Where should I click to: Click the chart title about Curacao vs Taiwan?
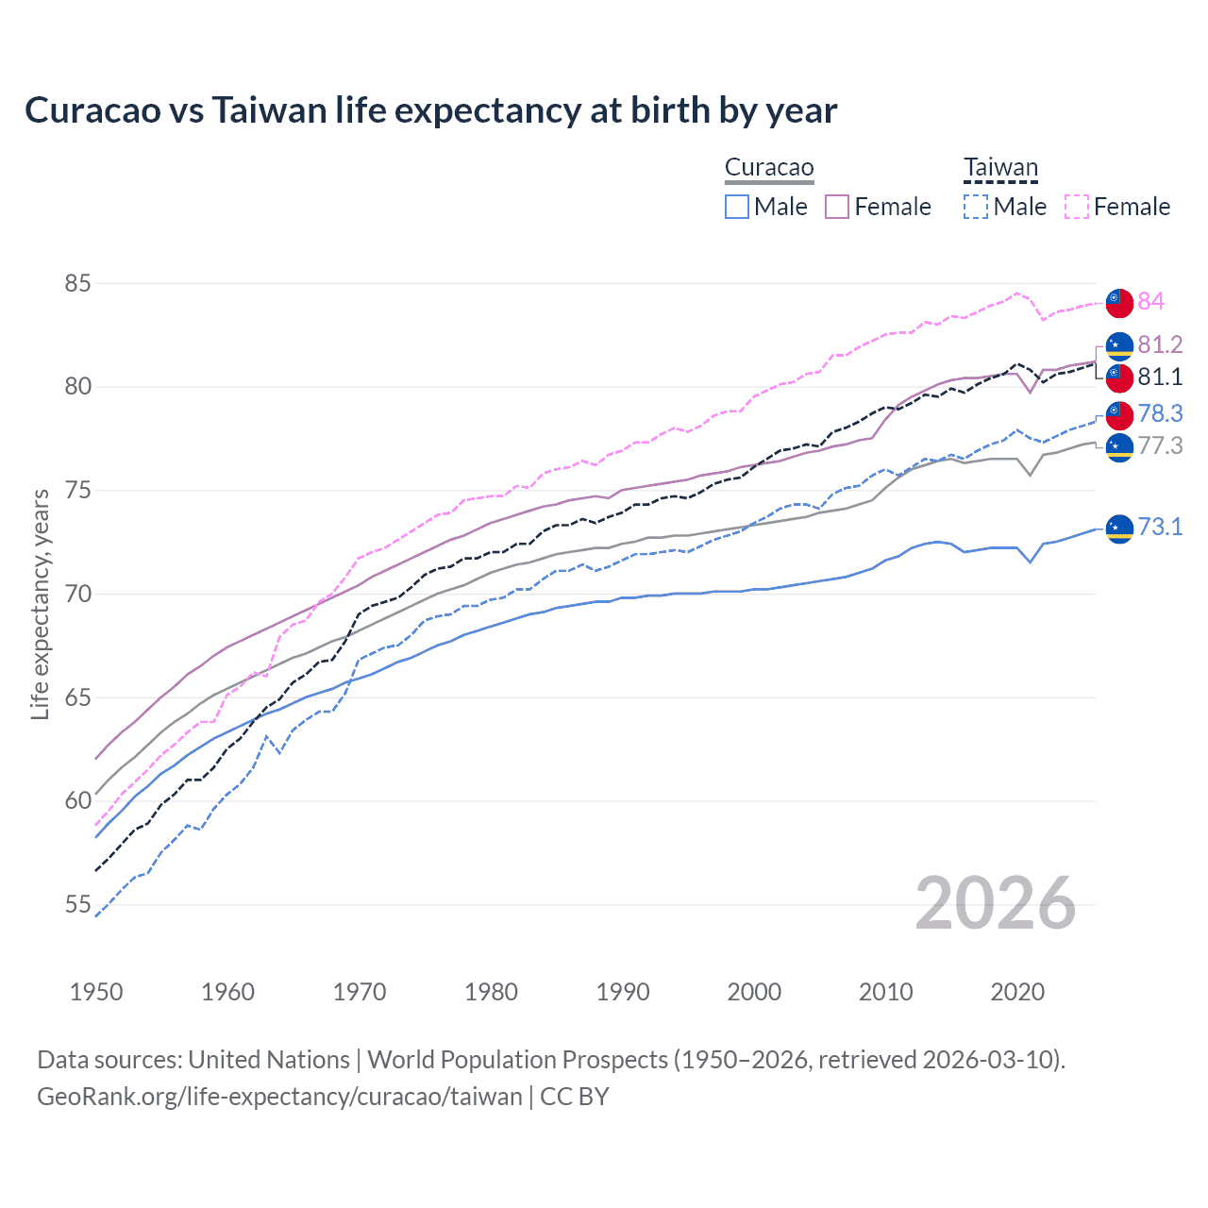pyautogui.click(x=430, y=110)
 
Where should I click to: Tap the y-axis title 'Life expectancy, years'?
pyautogui.click(x=40, y=604)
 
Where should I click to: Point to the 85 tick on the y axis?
pyautogui.click(x=78, y=283)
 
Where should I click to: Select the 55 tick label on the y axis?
pyautogui.click(x=78, y=904)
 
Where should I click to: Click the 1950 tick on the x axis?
pyautogui.click(x=96, y=992)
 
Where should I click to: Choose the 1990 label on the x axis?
pyautogui.click(x=623, y=992)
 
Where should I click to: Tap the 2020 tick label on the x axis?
pyautogui.click(x=1017, y=992)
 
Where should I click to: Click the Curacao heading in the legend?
pyautogui.click(x=769, y=168)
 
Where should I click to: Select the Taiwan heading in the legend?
pyautogui.click(x=1000, y=168)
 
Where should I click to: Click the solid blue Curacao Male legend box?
pyautogui.click(x=737, y=207)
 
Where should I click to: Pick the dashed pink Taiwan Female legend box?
pyautogui.click(x=1077, y=207)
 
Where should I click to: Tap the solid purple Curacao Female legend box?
pyautogui.click(x=837, y=207)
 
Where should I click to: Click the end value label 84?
pyautogui.click(x=1150, y=301)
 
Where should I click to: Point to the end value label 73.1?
pyautogui.click(x=1160, y=527)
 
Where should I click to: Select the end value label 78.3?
pyautogui.click(x=1160, y=413)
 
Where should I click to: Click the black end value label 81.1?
pyautogui.click(x=1160, y=377)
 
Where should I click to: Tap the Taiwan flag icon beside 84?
pyautogui.click(x=1119, y=303)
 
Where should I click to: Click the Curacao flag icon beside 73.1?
pyautogui.click(x=1119, y=529)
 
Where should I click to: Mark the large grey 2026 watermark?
pyautogui.click(x=995, y=903)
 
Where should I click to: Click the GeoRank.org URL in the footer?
pyautogui.click(x=279, y=1097)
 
